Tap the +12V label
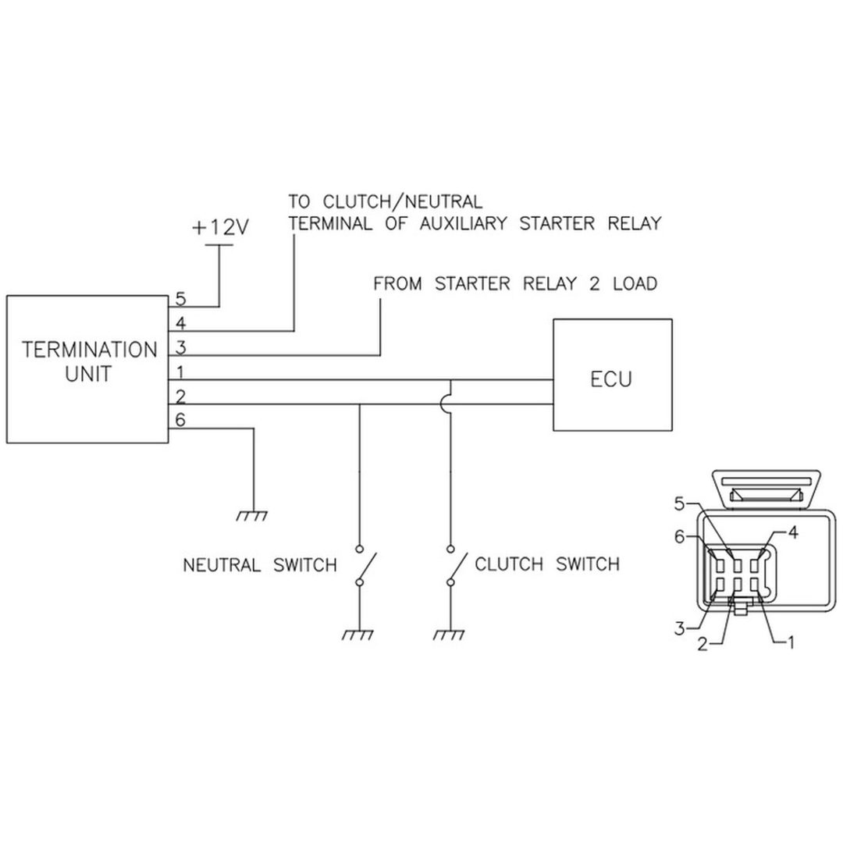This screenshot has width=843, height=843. click(x=220, y=227)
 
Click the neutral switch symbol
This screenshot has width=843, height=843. click(x=365, y=565)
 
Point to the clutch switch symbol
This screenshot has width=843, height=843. click(x=457, y=565)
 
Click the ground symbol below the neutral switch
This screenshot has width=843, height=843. click(x=358, y=635)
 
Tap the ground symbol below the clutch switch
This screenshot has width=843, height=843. click(x=450, y=635)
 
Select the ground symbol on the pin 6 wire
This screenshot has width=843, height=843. click(x=252, y=516)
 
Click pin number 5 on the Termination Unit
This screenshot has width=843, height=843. click(x=180, y=299)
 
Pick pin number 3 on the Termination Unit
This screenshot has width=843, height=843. click(x=180, y=348)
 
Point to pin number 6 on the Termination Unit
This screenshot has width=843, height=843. click(x=180, y=419)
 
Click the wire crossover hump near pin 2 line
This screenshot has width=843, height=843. click(x=445, y=404)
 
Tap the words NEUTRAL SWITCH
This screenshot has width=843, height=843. click(x=260, y=565)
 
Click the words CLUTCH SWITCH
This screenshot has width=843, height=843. click(x=547, y=564)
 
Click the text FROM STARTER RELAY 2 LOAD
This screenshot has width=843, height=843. click(x=516, y=284)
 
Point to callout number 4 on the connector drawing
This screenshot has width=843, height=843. click(x=793, y=532)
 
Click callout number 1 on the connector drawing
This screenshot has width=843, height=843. click(x=790, y=642)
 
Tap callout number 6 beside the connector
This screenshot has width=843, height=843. click(x=680, y=536)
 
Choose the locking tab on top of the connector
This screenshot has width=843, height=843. click(x=767, y=489)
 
